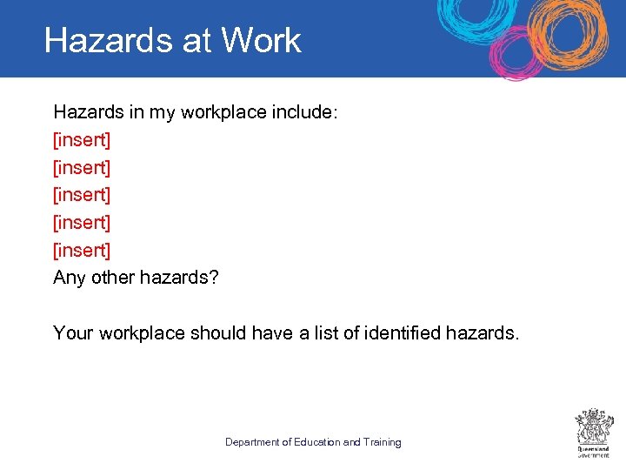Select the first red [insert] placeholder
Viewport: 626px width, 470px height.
pyautogui.click(x=82, y=139)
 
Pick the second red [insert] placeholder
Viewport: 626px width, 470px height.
pyautogui.click(x=82, y=167)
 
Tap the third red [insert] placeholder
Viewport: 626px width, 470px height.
pyautogui.click(x=82, y=195)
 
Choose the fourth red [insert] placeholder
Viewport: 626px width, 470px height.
pyautogui.click(x=82, y=223)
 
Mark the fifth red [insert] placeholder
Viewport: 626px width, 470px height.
pyautogui.click(x=82, y=251)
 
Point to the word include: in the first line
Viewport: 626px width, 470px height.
pyautogui.click(x=303, y=111)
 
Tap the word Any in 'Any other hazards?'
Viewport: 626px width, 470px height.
pyautogui.click(x=70, y=279)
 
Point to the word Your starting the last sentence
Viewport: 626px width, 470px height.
pyautogui.click(x=73, y=333)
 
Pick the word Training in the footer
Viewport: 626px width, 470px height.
pyautogui.click(x=383, y=442)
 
